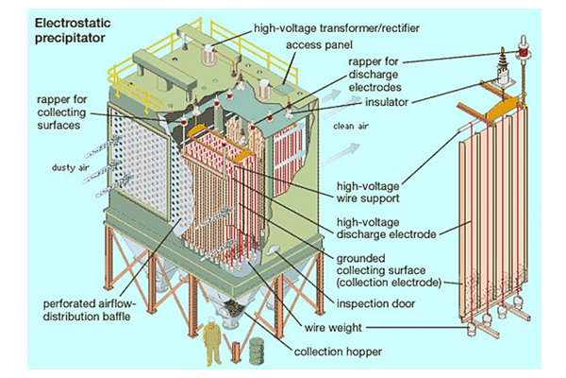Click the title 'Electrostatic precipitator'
coord(70,28)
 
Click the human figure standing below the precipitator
coord(213,348)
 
